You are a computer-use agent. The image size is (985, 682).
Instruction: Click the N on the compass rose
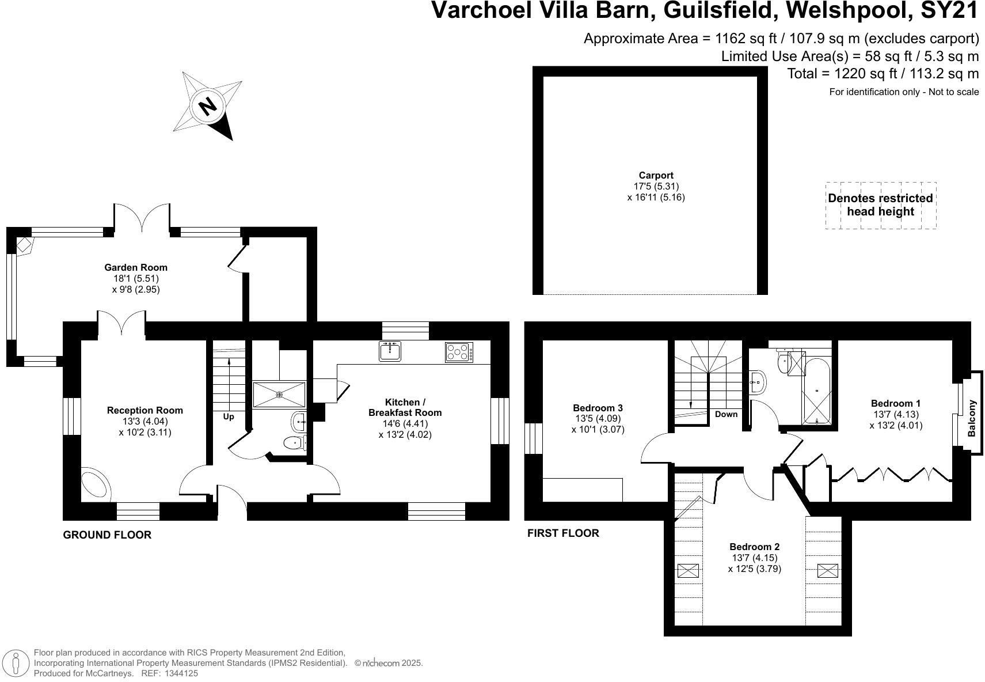coord(208,106)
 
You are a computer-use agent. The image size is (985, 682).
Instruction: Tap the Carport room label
coord(656,176)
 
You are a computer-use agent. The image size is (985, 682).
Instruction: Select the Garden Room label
coord(136,267)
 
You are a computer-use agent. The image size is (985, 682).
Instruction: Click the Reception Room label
coord(145,410)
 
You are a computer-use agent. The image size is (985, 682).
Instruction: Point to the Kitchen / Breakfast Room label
coord(405,407)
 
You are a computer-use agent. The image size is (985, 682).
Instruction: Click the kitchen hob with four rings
coord(459,352)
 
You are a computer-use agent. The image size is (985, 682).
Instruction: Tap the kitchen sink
coord(391,351)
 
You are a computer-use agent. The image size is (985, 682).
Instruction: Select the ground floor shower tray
coord(279,394)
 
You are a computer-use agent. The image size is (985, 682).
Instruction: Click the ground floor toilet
coord(295,443)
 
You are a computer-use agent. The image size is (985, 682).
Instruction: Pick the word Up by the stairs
coord(229,416)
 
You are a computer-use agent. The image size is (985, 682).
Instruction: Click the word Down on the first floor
coord(726,414)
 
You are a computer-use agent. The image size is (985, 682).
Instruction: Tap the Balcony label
coord(972,419)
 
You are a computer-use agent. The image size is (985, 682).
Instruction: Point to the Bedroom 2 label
coord(754,547)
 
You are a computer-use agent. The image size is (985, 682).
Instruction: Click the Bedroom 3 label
coord(598,408)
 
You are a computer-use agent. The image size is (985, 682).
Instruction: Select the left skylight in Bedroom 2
coord(688,571)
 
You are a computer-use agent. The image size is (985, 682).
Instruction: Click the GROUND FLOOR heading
coord(107,535)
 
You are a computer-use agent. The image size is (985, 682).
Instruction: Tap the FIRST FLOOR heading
coord(563,533)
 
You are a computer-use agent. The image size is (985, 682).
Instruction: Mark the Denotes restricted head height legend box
coord(880,205)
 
